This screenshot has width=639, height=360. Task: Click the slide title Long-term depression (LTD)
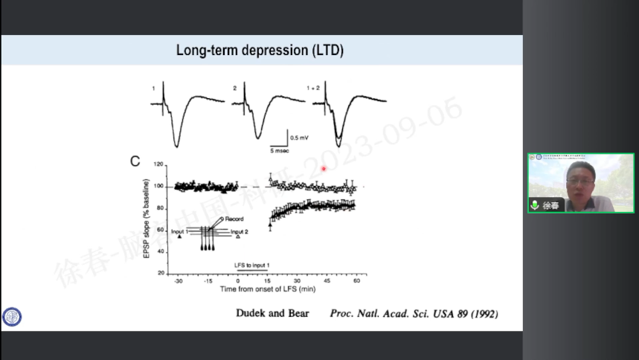click(x=260, y=51)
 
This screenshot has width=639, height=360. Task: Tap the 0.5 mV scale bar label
click(x=300, y=138)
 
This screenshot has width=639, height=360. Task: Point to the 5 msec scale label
click(x=280, y=150)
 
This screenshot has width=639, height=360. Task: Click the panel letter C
click(x=135, y=161)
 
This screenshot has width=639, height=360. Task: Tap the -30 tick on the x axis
click(x=179, y=281)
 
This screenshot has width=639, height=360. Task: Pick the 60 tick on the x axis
click(x=356, y=281)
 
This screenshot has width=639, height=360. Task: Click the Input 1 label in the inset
click(x=179, y=232)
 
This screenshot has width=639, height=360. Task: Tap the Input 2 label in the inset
click(x=239, y=232)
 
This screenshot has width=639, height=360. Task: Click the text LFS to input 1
click(x=252, y=265)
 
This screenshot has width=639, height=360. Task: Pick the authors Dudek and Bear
click(x=272, y=313)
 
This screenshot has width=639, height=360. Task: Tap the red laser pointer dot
click(x=324, y=169)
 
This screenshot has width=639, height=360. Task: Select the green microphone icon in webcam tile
click(x=534, y=205)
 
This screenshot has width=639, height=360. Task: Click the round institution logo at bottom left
click(x=12, y=317)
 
